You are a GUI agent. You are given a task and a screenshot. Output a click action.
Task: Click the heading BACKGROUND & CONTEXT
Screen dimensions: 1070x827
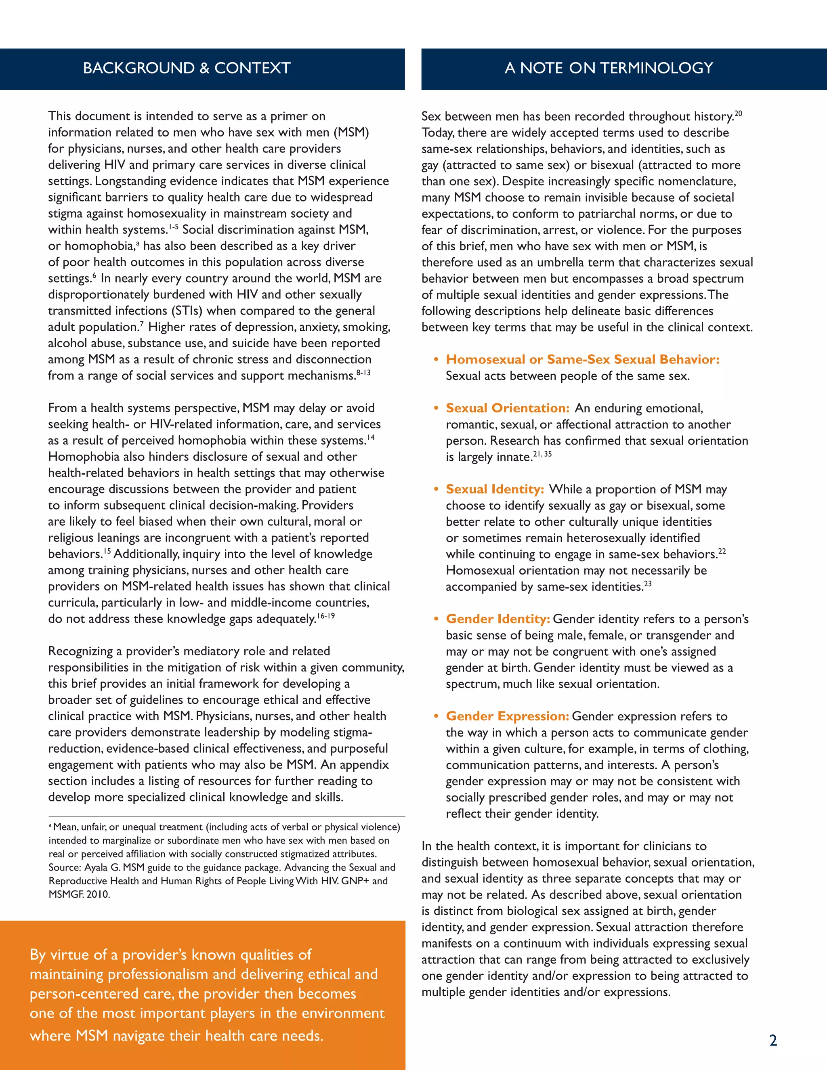pos(187,68)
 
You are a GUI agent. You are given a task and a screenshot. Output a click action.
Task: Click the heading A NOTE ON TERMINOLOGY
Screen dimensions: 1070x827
pos(609,68)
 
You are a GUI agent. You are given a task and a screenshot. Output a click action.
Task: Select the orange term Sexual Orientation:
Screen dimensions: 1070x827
pos(508,408)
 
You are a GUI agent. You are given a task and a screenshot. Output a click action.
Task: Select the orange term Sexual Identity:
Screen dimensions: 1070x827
pos(495,489)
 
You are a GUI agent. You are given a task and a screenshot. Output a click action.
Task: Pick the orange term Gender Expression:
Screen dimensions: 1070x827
pos(507,716)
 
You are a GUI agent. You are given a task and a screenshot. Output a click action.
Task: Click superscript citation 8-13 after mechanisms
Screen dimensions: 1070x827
pos(363,373)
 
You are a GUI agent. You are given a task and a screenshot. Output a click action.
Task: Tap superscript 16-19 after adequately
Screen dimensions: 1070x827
pos(326,616)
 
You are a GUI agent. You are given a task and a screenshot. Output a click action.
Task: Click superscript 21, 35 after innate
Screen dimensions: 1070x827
pos(542,454)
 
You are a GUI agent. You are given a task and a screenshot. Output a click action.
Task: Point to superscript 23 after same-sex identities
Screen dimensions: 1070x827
pos(648,583)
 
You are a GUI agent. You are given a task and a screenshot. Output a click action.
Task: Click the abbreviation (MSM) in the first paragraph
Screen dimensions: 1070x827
pos(351,132)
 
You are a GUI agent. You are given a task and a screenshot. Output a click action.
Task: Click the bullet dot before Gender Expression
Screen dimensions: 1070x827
pos(436,716)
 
